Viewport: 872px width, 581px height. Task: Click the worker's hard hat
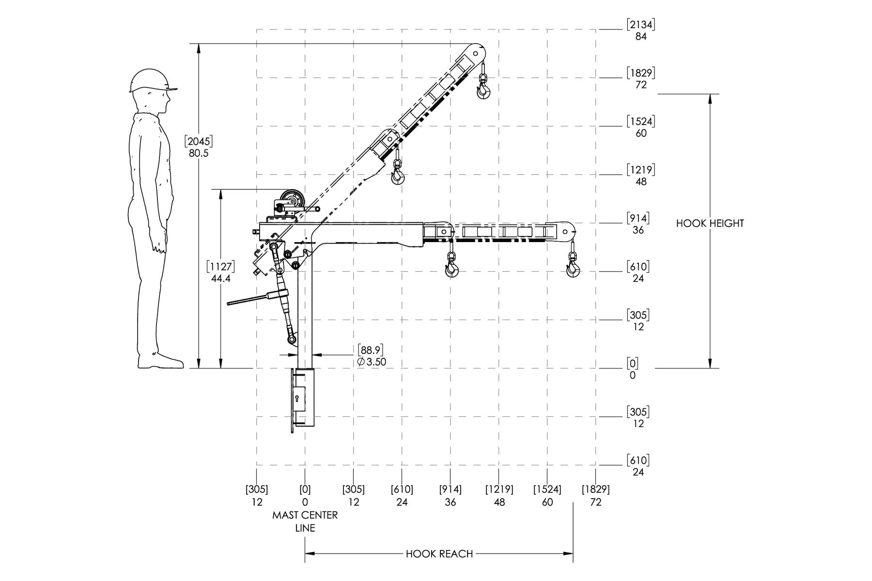click(x=151, y=80)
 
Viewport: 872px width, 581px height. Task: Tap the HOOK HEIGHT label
click(x=710, y=223)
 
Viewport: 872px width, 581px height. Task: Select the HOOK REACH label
click(x=439, y=553)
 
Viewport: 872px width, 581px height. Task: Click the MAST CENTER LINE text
click(x=305, y=521)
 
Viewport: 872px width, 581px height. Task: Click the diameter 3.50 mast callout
click(x=372, y=362)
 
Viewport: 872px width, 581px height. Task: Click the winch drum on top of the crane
click(x=292, y=199)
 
